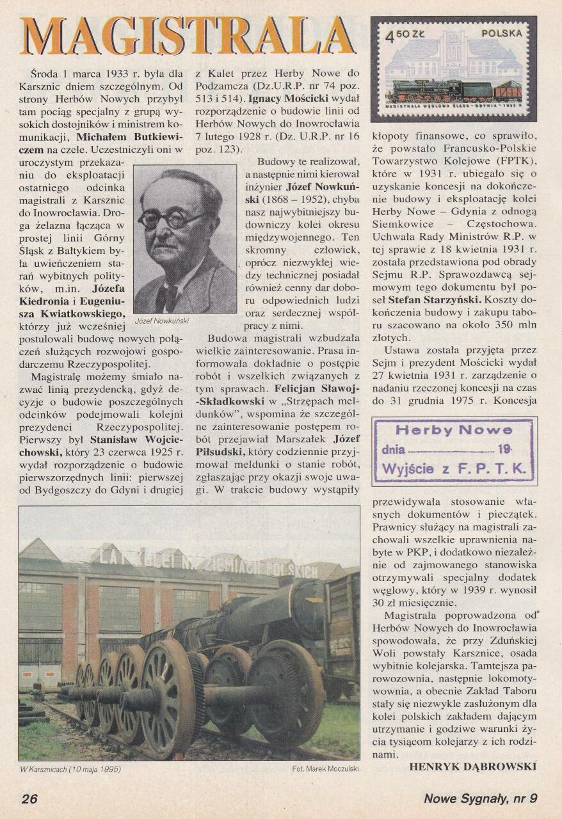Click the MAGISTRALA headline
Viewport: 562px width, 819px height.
[x=186, y=35]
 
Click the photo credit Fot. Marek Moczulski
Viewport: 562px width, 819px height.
[x=325, y=768]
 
